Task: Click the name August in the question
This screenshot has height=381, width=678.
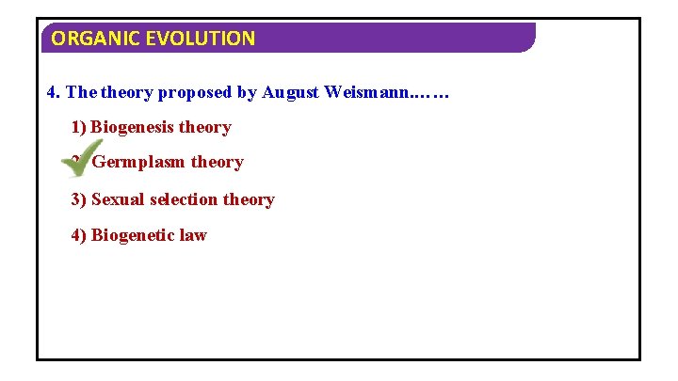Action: tap(292, 92)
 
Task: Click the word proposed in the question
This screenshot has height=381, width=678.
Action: tap(193, 92)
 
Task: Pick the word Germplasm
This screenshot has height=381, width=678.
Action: tap(138, 163)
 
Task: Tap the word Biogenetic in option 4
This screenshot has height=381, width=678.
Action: tap(133, 235)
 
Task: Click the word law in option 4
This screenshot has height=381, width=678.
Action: tap(193, 235)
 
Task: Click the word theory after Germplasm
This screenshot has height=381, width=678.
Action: tap(217, 163)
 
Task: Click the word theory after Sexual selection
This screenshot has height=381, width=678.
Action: tap(249, 199)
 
